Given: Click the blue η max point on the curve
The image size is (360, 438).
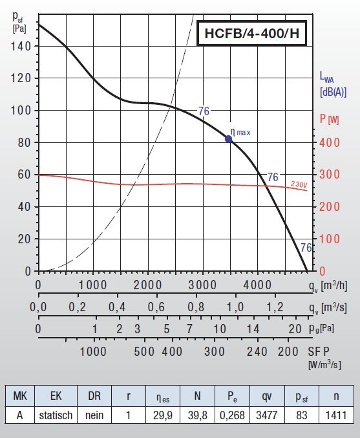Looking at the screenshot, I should (x=228, y=138).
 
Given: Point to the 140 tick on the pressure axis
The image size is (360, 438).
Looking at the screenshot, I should (x=23, y=46).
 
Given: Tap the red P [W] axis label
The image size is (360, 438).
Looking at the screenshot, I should (x=330, y=119).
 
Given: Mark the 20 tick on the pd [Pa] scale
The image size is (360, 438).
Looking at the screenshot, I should (x=295, y=329).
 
